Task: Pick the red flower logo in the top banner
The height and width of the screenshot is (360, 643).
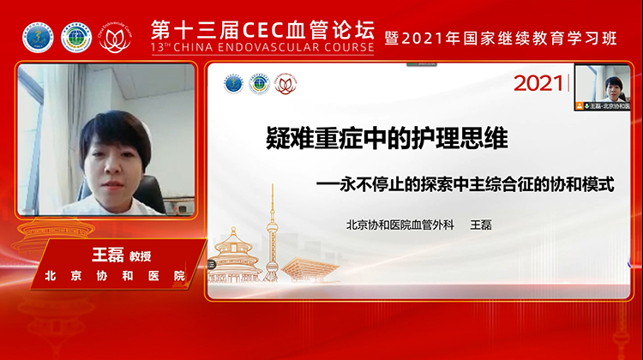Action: coord(115,37)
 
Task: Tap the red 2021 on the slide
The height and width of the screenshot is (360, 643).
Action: coord(538,84)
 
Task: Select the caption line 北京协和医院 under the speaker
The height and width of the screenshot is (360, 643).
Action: coord(116,276)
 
